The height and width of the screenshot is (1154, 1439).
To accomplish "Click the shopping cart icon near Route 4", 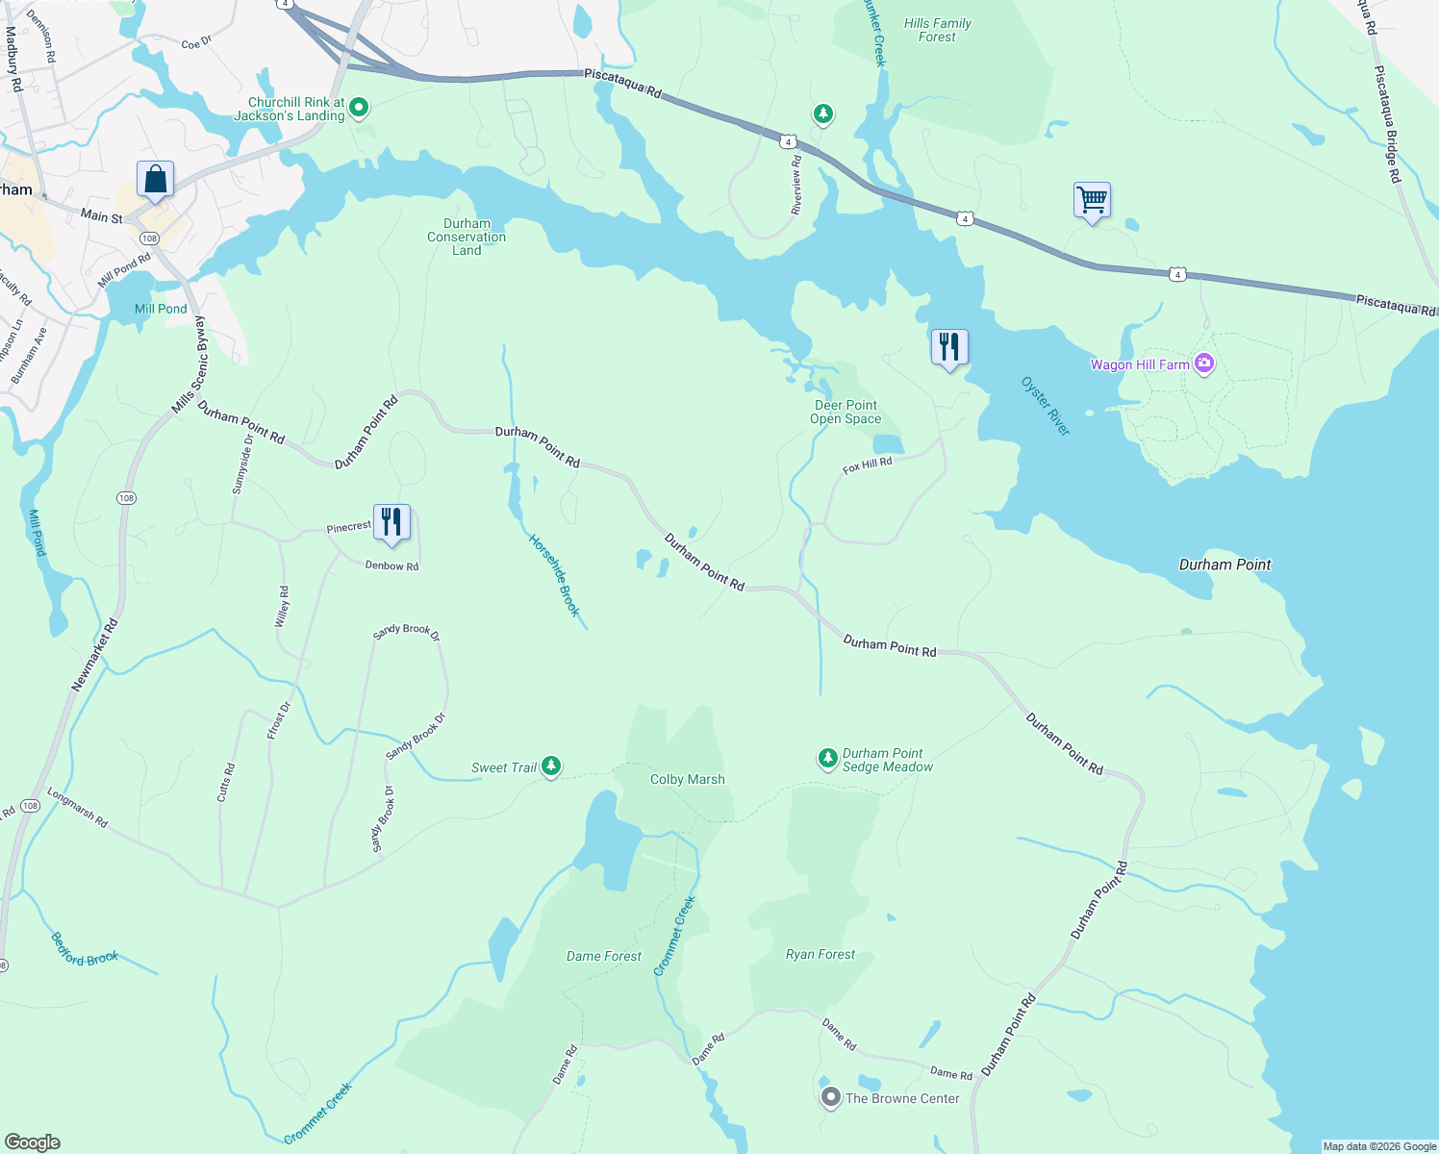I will (x=1092, y=201).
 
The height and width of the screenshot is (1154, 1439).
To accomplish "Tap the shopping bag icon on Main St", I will (x=155, y=180).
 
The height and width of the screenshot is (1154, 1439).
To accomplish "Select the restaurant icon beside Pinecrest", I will (x=391, y=522).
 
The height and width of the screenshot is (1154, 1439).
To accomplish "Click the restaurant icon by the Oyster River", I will (x=949, y=347).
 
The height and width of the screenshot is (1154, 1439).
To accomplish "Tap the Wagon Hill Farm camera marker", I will (x=1204, y=364).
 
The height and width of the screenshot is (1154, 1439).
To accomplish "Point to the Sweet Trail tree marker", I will (x=551, y=766).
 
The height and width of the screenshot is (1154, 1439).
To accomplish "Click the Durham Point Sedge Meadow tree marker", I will (x=827, y=759).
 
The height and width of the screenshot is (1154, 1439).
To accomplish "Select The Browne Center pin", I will (x=830, y=1097).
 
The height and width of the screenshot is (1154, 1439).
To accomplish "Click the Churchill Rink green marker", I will (x=359, y=108).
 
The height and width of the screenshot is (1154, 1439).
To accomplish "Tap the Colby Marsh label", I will (x=687, y=779).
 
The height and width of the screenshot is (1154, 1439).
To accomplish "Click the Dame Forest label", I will (x=603, y=956).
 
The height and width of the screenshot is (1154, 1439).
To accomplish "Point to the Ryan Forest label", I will (x=820, y=954).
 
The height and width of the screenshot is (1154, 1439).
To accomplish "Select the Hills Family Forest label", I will (x=937, y=30).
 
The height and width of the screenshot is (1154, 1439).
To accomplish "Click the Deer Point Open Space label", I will (x=846, y=412).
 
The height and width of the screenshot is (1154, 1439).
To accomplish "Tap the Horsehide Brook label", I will (x=555, y=575).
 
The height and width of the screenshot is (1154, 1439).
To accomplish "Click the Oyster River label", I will (x=1045, y=406).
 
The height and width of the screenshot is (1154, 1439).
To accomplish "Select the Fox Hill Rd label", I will (x=867, y=465).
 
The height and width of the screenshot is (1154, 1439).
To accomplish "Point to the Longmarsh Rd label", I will (x=77, y=809).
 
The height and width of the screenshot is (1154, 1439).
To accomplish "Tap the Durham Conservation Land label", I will (x=467, y=237).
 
